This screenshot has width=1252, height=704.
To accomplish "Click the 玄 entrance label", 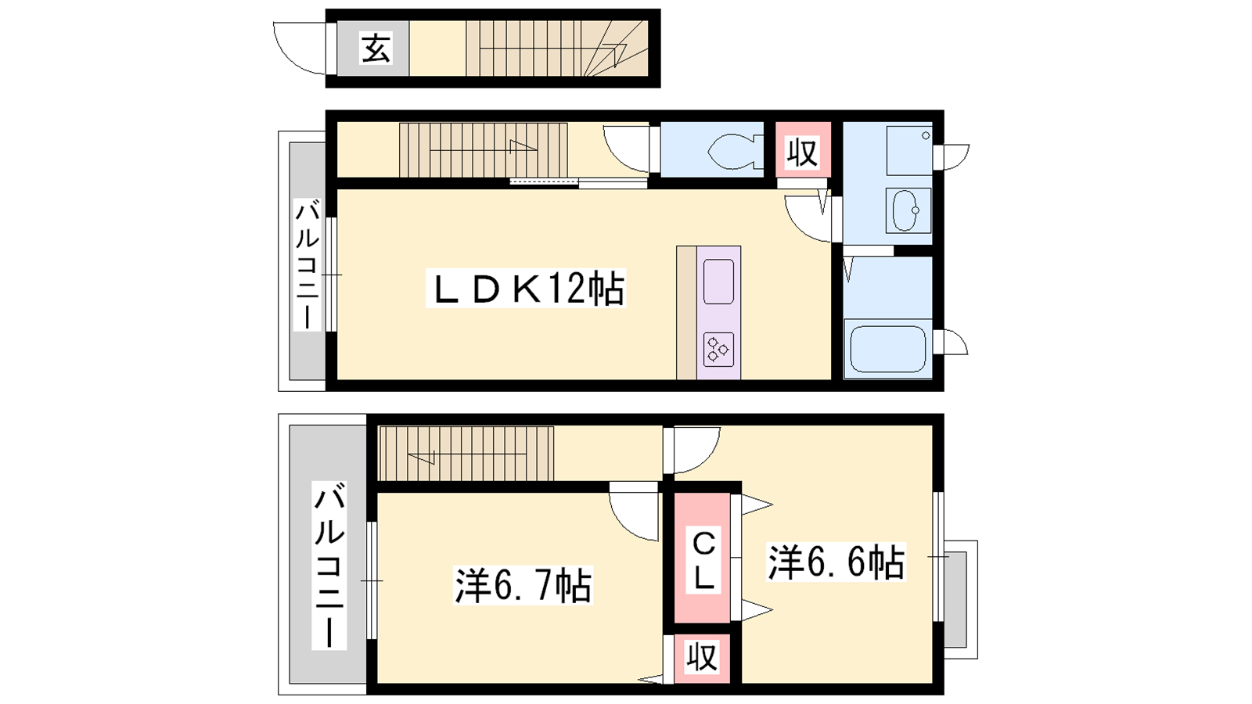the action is pyautogui.click(x=376, y=48).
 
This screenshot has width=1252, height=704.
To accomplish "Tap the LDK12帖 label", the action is pyautogui.click(x=526, y=289).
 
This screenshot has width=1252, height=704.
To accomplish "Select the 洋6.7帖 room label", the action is pyautogui.click(x=523, y=586).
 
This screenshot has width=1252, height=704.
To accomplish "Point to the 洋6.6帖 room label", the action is pyautogui.click(x=836, y=562).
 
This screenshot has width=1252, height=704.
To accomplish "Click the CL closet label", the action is pyautogui.click(x=703, y=561).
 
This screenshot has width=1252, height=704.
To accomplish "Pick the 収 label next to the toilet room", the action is pyautogui.click(x=802, y=153).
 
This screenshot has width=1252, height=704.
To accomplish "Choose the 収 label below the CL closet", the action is pyautogui.click(x=702, y=658).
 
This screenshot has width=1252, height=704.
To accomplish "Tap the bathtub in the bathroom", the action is pyautogui.click(x=887, y=349).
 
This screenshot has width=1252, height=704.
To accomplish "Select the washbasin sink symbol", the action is pyautogui.click(x=905, y=210).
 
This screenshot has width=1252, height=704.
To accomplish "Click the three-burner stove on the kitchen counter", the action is pyautogui.click(x=718, y=350).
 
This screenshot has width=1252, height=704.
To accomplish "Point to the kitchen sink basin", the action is pyautogui.click(x=718, y=281).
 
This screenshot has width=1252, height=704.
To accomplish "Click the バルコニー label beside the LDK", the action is pyautogui.click(x=307, y=265).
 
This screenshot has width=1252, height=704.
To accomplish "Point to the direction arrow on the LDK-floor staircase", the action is pyautogui.click(x=523, y=147).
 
